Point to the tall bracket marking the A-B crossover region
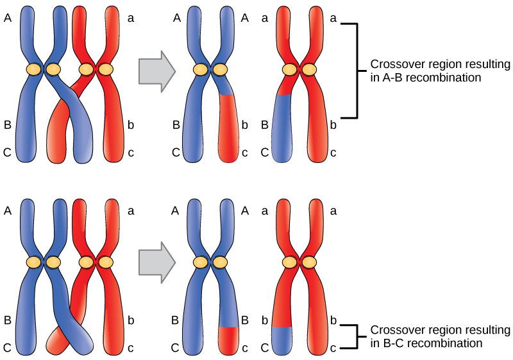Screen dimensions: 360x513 (x=355, y=71)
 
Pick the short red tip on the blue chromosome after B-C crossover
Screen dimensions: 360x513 (x=227, y=339)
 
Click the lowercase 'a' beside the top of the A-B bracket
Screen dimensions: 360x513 (x=333, y=19)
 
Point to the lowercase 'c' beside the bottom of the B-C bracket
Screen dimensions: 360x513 (x=333, y=348)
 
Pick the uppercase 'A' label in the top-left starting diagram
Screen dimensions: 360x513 (x=8, y=19)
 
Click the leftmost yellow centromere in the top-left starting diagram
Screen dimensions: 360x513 (x=33, y=69)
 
